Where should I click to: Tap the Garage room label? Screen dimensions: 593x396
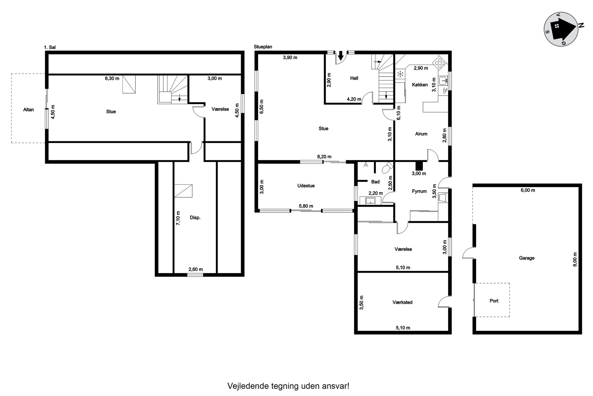coord(527,258)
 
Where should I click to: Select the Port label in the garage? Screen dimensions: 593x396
coord(494,301)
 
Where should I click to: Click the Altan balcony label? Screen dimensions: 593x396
coord(29,110)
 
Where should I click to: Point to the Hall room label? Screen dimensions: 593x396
coord(354,78)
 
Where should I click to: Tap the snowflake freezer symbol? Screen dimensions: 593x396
coord(400,74)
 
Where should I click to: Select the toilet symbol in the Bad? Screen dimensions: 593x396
coord(387,168)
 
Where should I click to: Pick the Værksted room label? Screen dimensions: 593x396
coord(402,302)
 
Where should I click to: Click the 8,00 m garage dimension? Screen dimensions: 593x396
coord(575,259)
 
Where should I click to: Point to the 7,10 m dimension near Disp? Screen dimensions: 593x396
coord(178,218)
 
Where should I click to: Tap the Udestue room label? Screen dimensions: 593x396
coord(306,186)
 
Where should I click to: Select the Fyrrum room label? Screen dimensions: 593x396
coord(419,191)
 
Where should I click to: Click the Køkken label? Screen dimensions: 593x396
coord(420,85)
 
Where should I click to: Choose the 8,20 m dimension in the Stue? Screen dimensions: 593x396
coord(324,157)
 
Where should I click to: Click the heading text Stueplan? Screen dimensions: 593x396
coord(263,47)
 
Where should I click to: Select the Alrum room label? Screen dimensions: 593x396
coord(421,134)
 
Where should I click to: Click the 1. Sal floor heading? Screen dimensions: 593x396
coord(50,47)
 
